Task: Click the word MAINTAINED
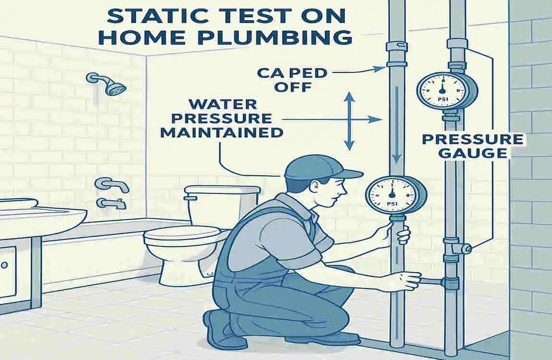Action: pos(222,132)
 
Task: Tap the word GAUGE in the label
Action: pos(473,153)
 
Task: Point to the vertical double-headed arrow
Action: pos(349,121)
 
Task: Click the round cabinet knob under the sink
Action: pos(5,264)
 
